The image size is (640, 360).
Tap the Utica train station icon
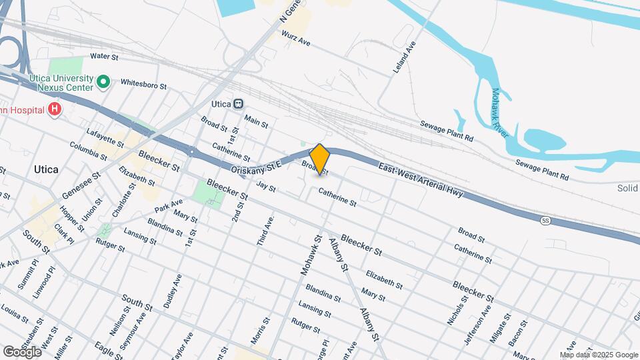(x=239, y=104)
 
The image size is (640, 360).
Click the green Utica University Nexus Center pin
(x=103, y=82)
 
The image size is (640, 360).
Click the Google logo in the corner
(x=22, y=351)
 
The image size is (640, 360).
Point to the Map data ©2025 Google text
(x=599, y=355)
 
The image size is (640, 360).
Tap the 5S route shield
(x=545, y=219)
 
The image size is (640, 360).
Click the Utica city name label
(x=46, y=169)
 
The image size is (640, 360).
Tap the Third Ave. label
(x=266, y=231)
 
